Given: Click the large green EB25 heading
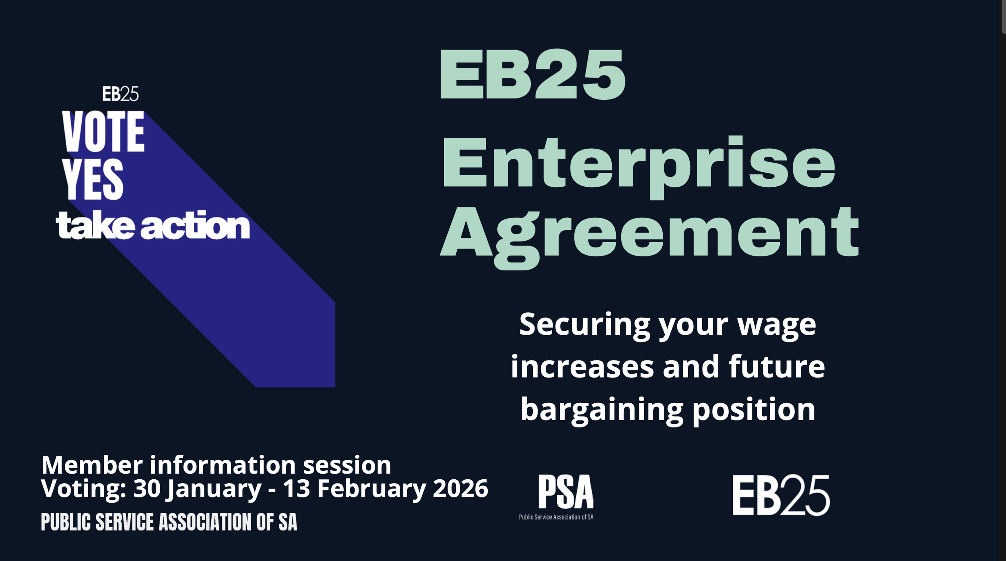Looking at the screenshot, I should (x=532, y=74).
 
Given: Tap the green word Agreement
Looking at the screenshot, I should (x=649, y=233).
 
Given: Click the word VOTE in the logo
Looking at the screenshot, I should (x=103, y=132).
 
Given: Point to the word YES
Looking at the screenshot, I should (x=93, y=179).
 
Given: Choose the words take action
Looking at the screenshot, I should (x=153, y=225).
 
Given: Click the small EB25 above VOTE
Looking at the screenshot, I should (x=120, y=94).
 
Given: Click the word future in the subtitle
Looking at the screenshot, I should (x=776, y=367).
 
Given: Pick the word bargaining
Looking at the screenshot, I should (x=602, y=410).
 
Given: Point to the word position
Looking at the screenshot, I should (x=753, y=410).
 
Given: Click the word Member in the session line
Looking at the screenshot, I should (x=92, y=465).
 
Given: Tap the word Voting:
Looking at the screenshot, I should (x=84, y=489).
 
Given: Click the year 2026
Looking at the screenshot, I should (x=460, y=489).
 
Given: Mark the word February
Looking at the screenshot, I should (x=371, y=489).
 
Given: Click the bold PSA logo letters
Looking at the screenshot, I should (x=565, y=492).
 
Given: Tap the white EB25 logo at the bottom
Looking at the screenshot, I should (x=781, y=495).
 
